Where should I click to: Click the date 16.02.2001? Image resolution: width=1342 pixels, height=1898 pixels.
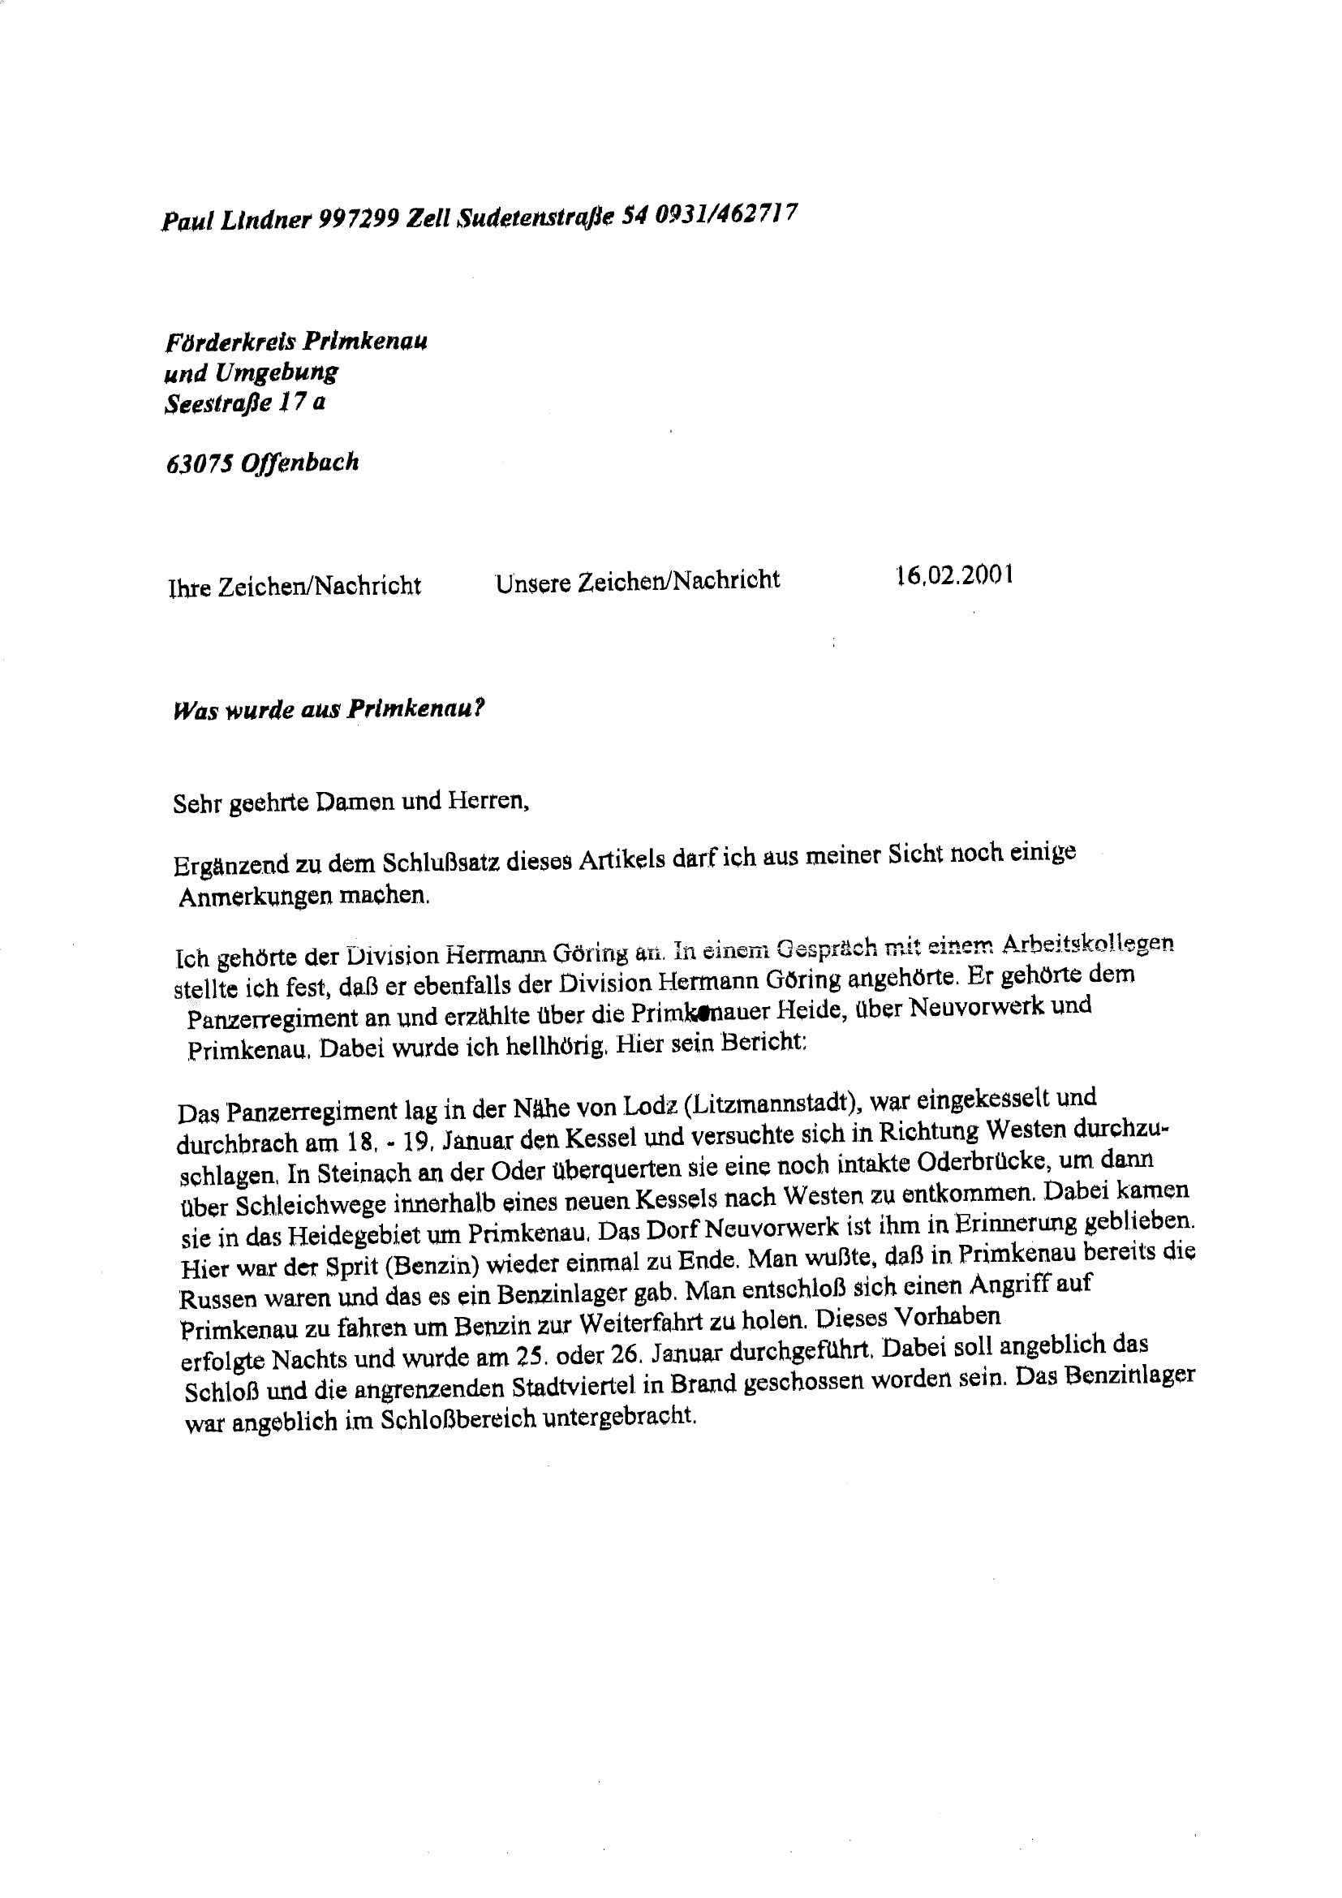click(x=954, y=576)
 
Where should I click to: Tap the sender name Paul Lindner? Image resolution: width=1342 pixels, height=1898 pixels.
click(x=236, y=220)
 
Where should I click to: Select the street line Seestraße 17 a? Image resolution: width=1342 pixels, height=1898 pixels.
click(x=244, y=404)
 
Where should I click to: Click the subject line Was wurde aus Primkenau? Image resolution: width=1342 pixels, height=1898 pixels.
click(x=328, y=709)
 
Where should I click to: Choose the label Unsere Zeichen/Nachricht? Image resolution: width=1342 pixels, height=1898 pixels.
click(x=637, y=580)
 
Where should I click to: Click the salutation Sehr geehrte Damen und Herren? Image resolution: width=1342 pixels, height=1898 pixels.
click(x=351, y=802)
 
